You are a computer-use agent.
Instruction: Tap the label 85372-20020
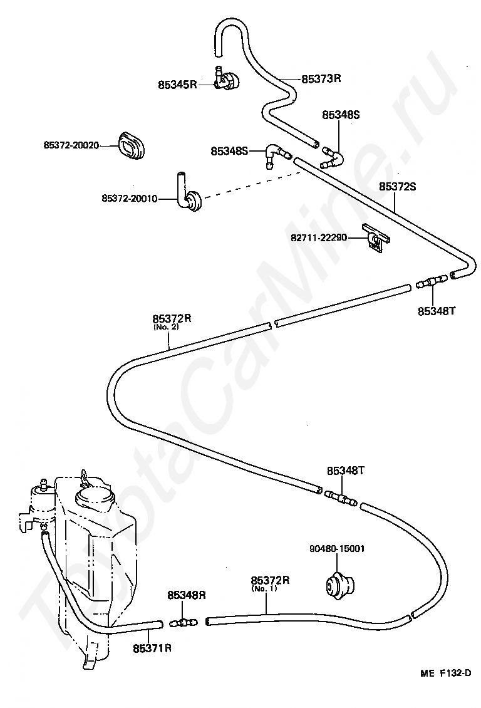(x=71, y=145)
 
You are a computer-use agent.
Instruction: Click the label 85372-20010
(x=130, y=198)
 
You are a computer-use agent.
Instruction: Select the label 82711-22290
(x=319, y=237)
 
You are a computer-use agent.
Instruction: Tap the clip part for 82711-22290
(x=376, y=237)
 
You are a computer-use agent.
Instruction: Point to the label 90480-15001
(x=337, y=549)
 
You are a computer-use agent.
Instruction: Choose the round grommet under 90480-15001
(x=339, y=586)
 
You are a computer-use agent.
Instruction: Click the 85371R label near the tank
(x=152, y=648)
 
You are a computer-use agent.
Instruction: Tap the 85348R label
(x=187, y=595)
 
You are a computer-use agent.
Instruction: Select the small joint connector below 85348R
(x=184, y=623)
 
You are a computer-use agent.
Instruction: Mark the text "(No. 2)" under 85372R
(x=165, y=326)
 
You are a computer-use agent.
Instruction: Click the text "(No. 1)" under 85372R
(x=264, y=588)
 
